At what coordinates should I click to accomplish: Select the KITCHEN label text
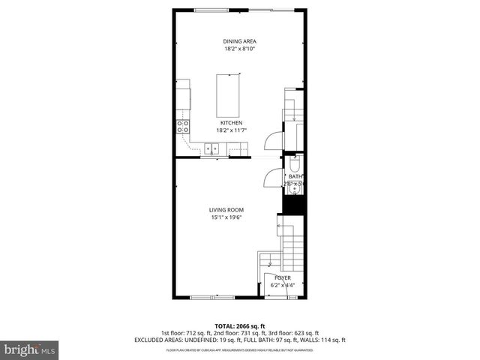pyautogui.click(x=231, y=122)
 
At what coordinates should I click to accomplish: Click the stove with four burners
pyautogui.click(x=182, y=126)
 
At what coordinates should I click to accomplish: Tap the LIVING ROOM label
pyautogui.click(x=226, y=210)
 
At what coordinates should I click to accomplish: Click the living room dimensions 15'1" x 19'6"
pyautogui.click(x=226, y=217)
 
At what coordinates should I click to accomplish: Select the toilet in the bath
pyautogui.click(x=294, y=166)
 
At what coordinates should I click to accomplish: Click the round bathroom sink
pyautogui.click(x=294, y=188)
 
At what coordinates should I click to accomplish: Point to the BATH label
pyautogui.click(x=296, y=177)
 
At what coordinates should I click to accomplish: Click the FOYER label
pyautogui.click(x=282, y=278)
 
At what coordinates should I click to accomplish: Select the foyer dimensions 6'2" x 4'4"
pyautogui.click(x=282, y=286)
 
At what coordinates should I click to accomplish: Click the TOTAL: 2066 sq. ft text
pyautogui.click(x=240, y=325)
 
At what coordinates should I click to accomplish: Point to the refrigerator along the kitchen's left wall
pyautogui.click(x=182, y=94)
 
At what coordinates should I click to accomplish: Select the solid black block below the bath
pyautogui.click(x=294, y=206)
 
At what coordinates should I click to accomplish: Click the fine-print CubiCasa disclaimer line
pyautogui.click(x=240, y=350)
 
